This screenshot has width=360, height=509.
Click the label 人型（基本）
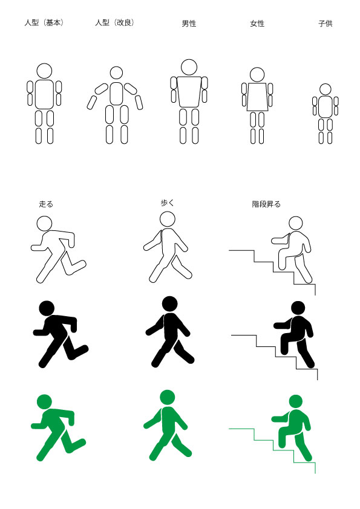click(x=44, y=23)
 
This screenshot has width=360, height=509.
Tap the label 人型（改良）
click(x=115, y=23)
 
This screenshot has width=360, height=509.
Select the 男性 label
click(x=189, y=24)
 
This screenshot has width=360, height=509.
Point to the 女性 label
click(x=257, y=24)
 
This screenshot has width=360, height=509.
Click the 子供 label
click(x=326, y=24)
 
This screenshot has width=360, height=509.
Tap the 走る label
click(x=46, y=204)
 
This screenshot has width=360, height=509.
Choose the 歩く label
click(x=168, y=203)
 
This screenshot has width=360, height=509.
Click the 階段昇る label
click(x=266, y=204)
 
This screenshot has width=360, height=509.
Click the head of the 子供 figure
click(x=326, y=89)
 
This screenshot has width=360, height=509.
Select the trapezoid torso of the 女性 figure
click(x=257, y=97)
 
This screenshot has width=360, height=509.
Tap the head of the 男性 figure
click(x=189, y=67)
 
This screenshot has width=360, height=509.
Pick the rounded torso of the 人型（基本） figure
click(x=44, y=94)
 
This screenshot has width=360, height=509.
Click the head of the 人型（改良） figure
click(x=116, y=73)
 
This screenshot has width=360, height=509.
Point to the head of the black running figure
click(x=47, y=308)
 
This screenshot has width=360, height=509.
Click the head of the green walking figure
click(x=168, y=398)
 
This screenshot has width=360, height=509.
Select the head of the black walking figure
click(x=169, y=304)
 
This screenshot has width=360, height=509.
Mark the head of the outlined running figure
click(x=45, y=223)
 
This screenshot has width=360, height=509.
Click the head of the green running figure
click(x=45, y=402)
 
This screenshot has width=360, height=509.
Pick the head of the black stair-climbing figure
click(x=298, y=308)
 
